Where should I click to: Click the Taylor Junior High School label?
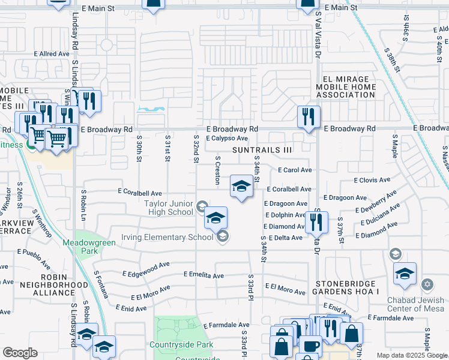[x=169, y=208]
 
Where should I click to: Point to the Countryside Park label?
[x=183, y=345]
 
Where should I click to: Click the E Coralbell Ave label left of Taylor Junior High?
[x=140, y=193]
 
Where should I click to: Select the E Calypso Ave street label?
[x=228, y=139]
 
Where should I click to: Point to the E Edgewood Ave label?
[x=147, y=265]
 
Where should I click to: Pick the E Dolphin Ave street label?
[x=286, y=215]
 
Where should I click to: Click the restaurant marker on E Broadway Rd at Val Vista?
[x=309, y=117]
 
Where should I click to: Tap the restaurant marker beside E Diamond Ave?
[x=316, y=223]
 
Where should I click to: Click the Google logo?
[x=20, y=353]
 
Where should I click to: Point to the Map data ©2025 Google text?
[x=412, y=355]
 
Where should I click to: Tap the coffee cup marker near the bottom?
[x=310, y=346]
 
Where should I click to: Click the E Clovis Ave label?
[x=372, y=180]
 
